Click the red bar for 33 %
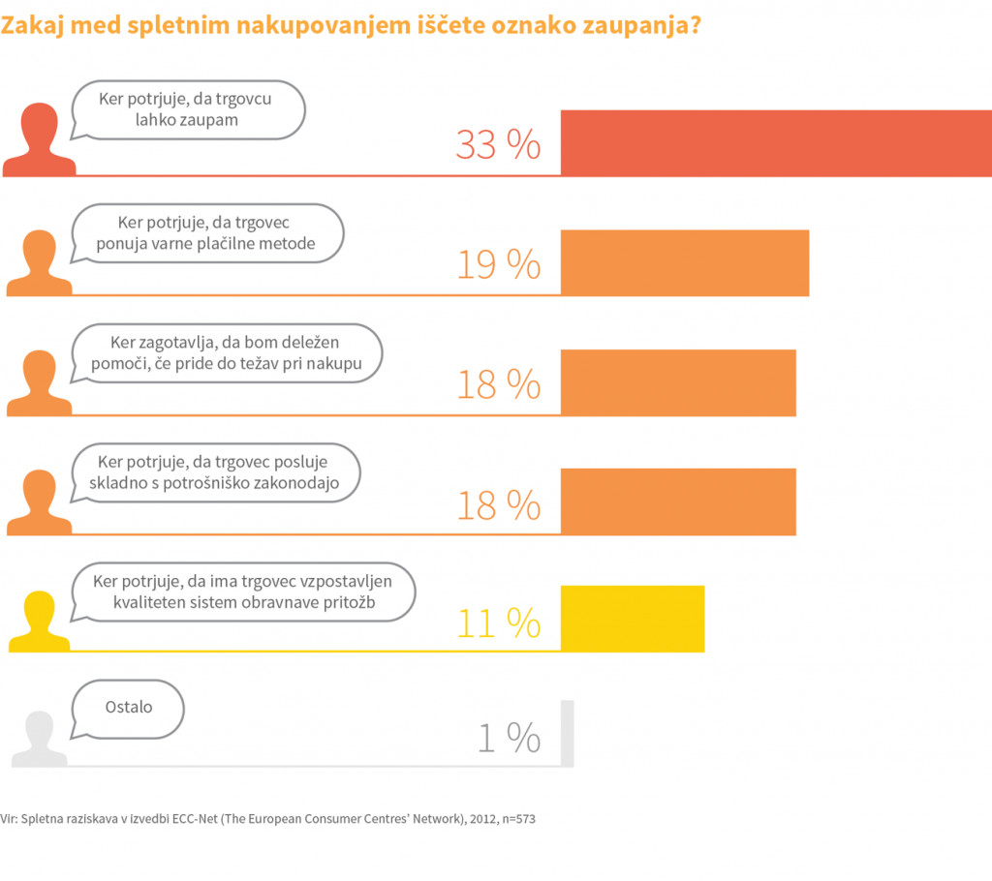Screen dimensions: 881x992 (775, 143)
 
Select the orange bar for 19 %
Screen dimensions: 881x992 (684, 263)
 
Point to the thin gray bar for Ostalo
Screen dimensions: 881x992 (567, 733)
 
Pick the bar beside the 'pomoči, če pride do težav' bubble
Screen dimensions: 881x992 (678, 382)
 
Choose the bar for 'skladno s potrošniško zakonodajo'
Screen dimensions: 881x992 (678, 501)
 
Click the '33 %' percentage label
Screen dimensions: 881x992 (498, 145)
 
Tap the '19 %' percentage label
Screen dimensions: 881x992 (498, 264)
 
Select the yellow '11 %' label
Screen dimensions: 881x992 (498, 623)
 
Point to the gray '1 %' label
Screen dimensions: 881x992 (509, 740)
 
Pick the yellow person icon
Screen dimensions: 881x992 (39, 621)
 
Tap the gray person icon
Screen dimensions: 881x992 (39, 738)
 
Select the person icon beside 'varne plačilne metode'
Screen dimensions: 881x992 (39, 262)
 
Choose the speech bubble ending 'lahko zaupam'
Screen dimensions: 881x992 (189, 109)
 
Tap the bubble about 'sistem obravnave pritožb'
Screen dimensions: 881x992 (245, 592)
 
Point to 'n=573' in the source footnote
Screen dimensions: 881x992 (514, 819)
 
